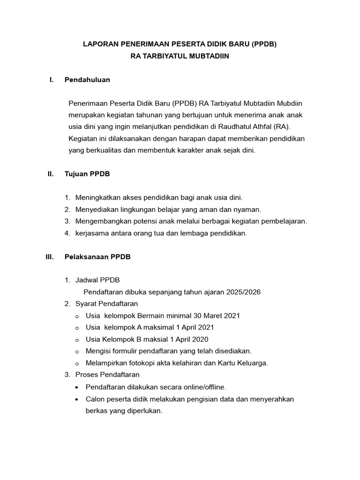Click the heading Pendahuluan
(87, 80)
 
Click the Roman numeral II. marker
(51, 174)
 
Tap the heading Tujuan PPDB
(87, 174)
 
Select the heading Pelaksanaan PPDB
(97, 257)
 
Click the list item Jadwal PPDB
(97, 280)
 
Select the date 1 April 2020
(185, 339)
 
